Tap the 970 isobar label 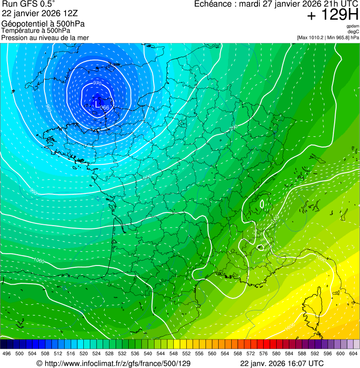pos(97,83)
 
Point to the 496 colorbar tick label pos(7,353)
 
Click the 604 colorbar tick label pos(353,353)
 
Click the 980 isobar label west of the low pos(48,108)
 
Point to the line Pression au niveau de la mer pos(45,37)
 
